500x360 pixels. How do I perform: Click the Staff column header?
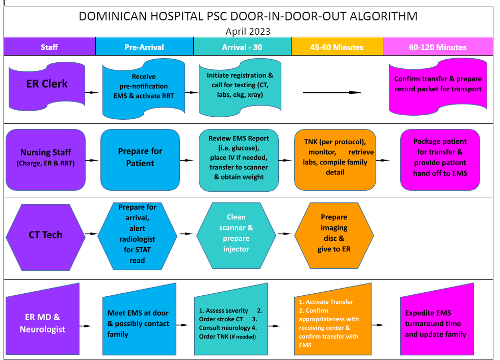tap(49, 47)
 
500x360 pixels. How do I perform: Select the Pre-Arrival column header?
tap(144, 47)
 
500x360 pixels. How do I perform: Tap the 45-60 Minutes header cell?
tap(337, 47)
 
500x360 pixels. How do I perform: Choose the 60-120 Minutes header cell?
tap(438, 47)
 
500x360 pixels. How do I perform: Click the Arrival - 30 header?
tap(242, 47)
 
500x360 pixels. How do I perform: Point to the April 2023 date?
tap(248, 31)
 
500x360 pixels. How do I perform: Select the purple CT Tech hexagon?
tap(45, 235)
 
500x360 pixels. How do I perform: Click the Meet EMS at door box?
tap(138, 323)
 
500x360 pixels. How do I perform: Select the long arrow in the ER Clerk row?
tap(331, 92)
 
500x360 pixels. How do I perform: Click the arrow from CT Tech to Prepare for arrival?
tap(91, 234)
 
